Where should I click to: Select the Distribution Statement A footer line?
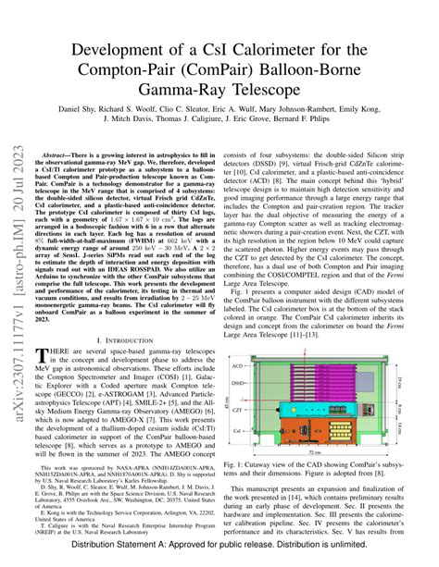[219, 557]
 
